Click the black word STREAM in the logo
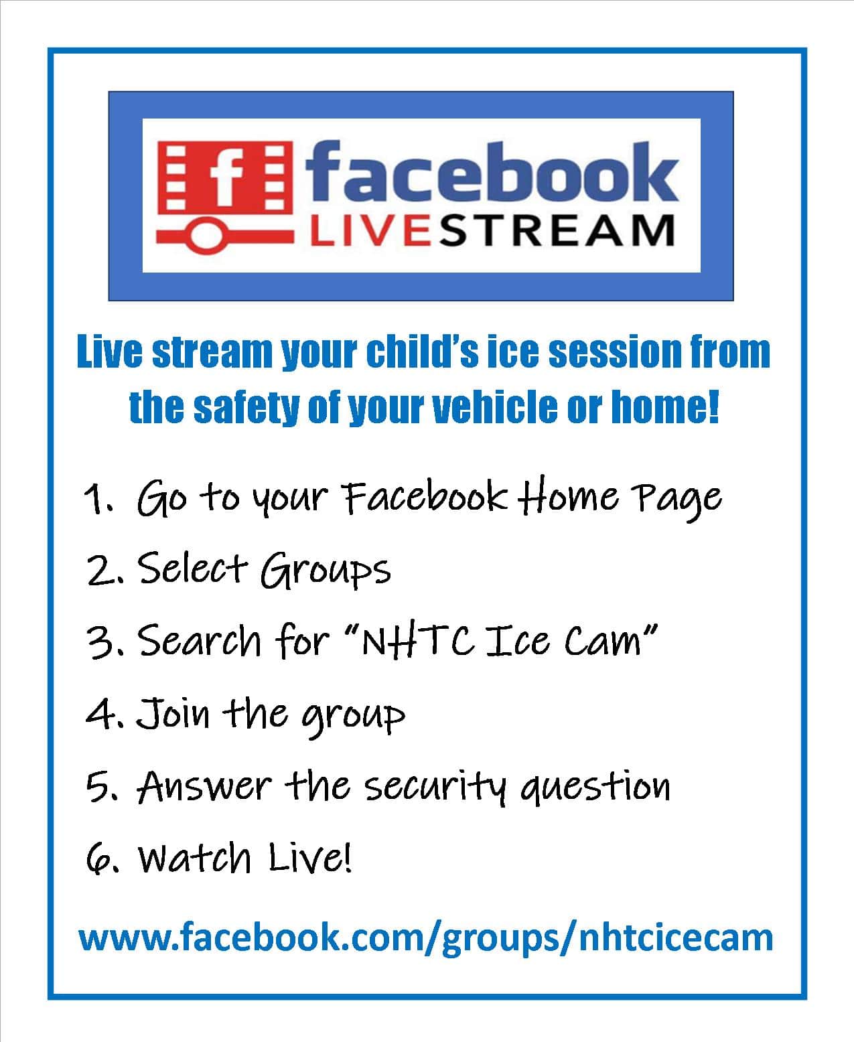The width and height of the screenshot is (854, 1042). click(x=557, y=231)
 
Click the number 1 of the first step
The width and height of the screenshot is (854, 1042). click(x=94, y=498)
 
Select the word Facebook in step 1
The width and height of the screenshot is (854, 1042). click(x=425, y=496)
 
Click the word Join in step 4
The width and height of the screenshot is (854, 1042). click(x=173, y=713)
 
